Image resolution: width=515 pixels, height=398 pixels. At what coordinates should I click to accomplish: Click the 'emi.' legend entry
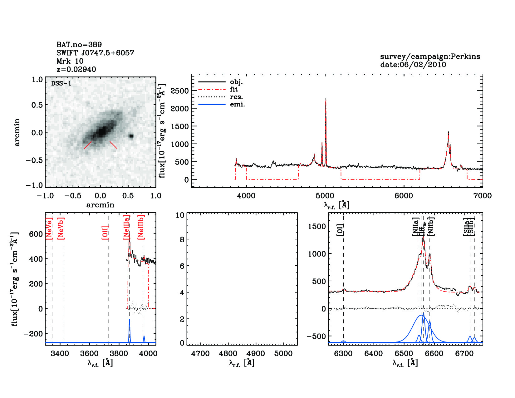tap(237, 105)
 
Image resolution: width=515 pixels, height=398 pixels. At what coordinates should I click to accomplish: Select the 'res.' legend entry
tap(236, 97)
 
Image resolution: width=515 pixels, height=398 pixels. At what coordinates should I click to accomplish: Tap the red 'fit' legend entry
tap(234, 90)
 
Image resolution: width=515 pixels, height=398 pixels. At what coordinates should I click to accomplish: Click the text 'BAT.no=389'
tap(79, 45)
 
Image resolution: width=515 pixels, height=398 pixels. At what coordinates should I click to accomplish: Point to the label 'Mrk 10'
tap(70, 61)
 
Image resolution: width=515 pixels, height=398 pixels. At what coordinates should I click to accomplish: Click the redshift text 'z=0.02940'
tap(76, 69)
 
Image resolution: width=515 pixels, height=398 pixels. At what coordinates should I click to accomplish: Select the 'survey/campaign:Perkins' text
tap(430, 57)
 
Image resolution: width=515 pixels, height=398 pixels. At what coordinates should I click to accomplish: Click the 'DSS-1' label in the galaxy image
tap(61, 83)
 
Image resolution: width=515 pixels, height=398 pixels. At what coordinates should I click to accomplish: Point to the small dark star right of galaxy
tap(131, 136)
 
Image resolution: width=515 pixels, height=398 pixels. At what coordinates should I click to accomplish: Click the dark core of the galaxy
tap(101, 131)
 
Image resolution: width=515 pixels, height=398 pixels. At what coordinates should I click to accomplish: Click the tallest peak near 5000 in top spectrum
tap(326, 99)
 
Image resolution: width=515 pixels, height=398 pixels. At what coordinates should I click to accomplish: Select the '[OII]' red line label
tap(105, 232)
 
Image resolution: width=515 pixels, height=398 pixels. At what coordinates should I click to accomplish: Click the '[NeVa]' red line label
tap(49, 228)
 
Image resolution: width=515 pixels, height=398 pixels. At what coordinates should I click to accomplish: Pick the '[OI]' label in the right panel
tap(340, 230)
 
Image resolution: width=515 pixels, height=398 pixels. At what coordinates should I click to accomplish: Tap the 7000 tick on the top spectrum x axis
tap(483, 196)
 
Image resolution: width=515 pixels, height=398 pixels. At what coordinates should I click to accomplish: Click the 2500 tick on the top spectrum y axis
tap(180, 91)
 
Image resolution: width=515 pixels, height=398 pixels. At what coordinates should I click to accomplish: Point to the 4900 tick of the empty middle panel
tap(256, 354)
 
